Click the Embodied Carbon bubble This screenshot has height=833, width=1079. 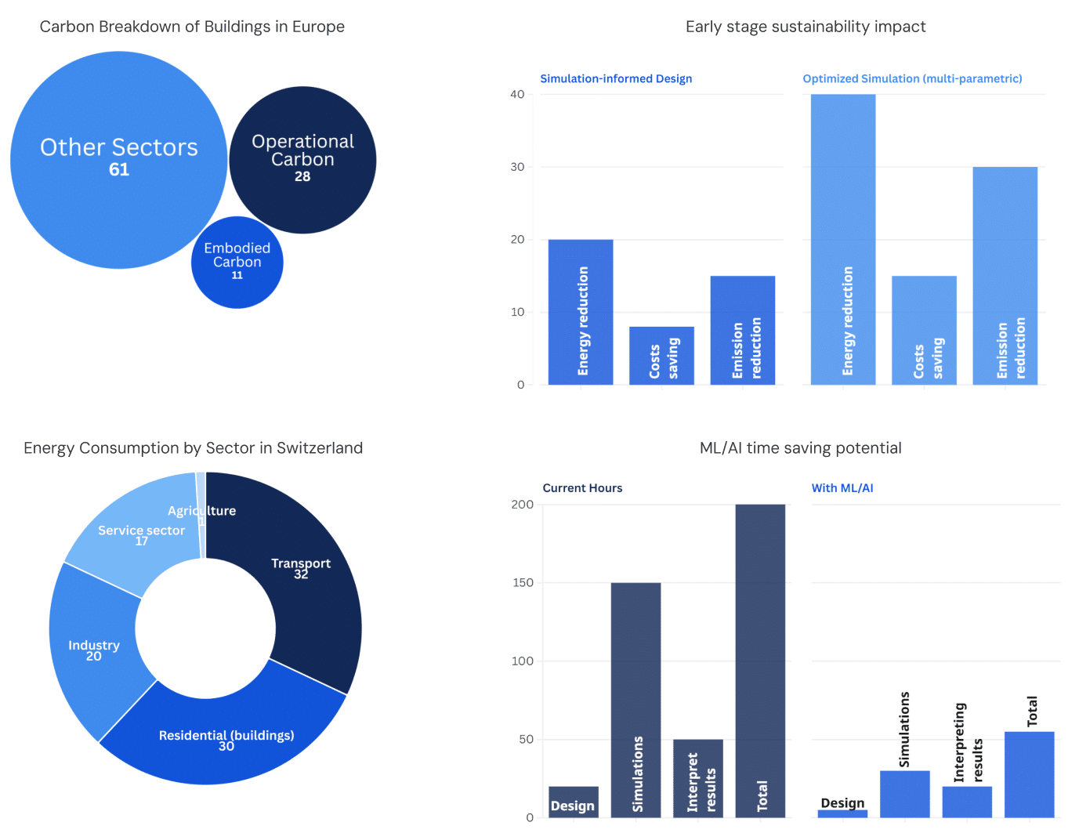(237, 263)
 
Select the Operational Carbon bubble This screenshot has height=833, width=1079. (302, 160)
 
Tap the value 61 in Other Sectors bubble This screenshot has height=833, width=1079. (119, 169)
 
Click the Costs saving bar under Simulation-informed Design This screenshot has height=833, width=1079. (661, 356)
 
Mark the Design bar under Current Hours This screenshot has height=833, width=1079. (573, 802)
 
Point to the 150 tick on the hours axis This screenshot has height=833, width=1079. (522, 582)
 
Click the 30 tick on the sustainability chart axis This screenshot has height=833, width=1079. (517, 167)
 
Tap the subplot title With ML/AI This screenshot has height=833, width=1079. (842, 488)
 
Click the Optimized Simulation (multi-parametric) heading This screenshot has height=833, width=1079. (912, 78)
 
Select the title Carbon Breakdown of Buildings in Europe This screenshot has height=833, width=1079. (192, 27)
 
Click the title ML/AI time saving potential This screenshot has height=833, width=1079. (800, 448)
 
